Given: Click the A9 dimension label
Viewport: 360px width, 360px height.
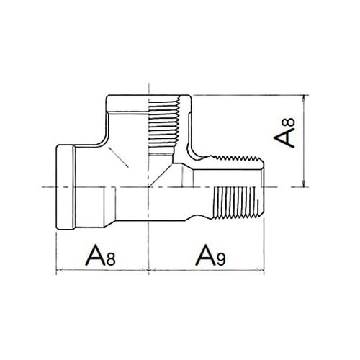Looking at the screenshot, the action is click(210, 255).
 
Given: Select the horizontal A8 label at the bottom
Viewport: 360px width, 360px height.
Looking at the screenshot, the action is click(100, 255).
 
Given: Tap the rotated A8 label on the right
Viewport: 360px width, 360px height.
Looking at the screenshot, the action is click(284, 132).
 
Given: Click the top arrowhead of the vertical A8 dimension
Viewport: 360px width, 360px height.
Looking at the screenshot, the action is click(304, 98).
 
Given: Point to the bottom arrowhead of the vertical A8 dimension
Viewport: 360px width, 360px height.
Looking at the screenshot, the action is click(304, 184).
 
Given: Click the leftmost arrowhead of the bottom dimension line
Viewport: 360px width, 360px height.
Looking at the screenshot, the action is click(59, 270).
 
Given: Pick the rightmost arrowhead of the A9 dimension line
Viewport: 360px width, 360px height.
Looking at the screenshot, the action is click(261, 270).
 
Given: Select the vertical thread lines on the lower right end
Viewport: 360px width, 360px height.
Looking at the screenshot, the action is click(236, 203).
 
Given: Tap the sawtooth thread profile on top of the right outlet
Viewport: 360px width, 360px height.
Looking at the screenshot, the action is click(236, 158).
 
